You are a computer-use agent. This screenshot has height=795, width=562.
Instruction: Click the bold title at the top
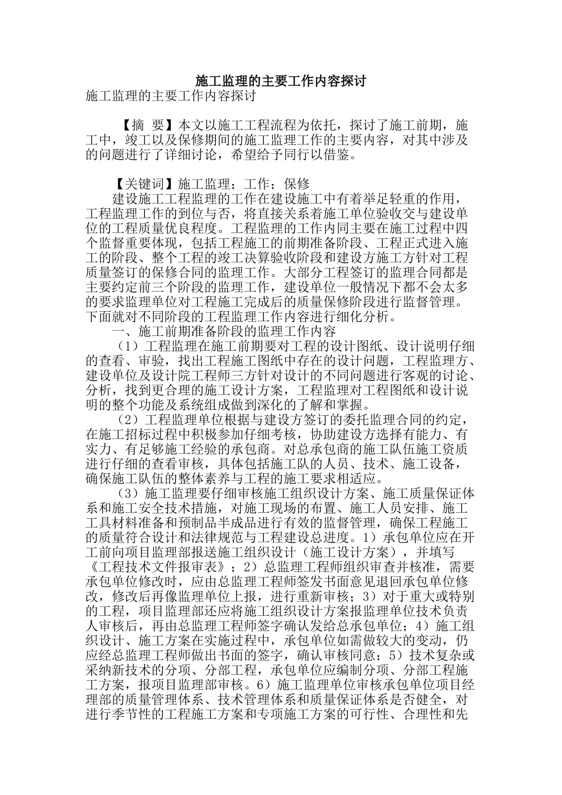tap(280, 81)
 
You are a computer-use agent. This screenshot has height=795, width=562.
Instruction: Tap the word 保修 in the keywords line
tap(297, 184)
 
